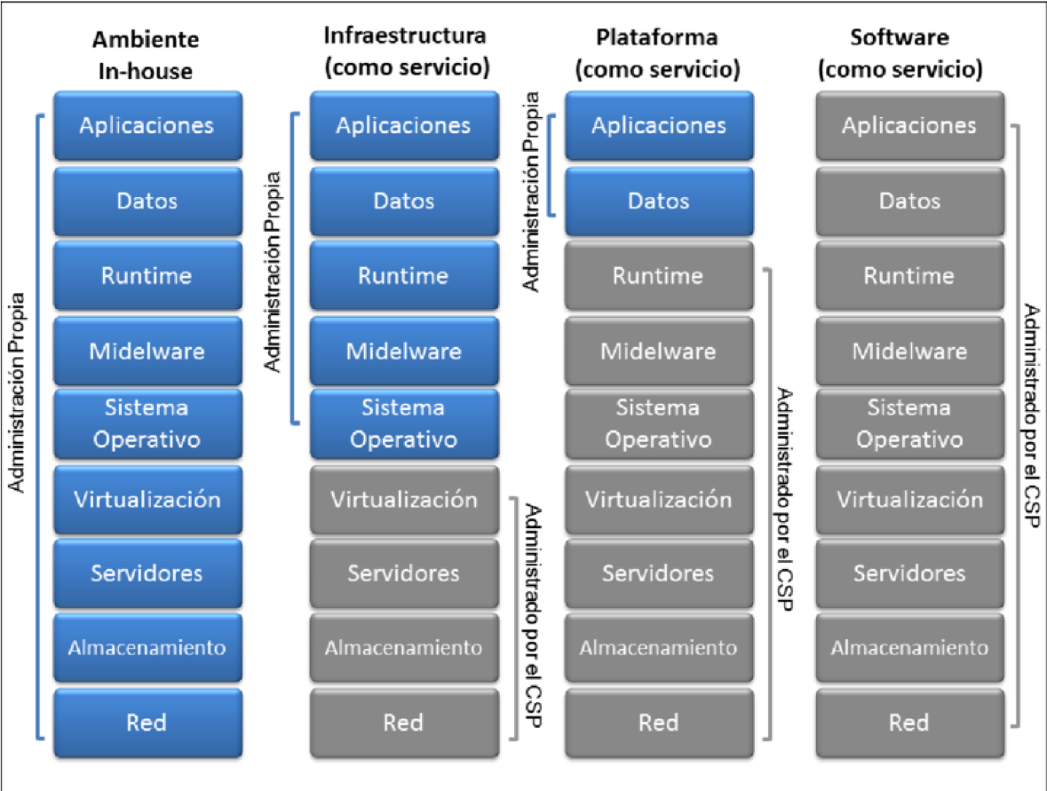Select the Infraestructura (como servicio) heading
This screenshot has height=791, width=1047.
coord(404,52)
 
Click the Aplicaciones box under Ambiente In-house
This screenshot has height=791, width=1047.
coord(147,125)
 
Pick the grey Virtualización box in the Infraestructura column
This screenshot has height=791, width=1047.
coord(404,500)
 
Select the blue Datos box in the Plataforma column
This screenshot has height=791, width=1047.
coord(658,202)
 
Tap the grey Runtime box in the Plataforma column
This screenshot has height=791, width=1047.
coord(658,276)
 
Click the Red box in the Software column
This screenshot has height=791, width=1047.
coord(909,723)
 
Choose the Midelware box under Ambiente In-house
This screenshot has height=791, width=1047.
coord(147,352)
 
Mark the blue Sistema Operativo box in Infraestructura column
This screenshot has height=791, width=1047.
coord(404,424)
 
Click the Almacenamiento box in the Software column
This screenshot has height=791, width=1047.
coord(909,648)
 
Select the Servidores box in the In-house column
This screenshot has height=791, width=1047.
coord(147,573)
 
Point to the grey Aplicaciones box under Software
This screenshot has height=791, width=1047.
coord(909,126)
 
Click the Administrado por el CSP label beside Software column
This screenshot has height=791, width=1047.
coord(1031,416)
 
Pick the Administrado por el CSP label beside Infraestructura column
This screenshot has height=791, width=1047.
coord(533,614)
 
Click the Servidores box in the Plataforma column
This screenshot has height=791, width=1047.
coord(658,573)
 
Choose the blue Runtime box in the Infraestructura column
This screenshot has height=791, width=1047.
coord(404,276)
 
